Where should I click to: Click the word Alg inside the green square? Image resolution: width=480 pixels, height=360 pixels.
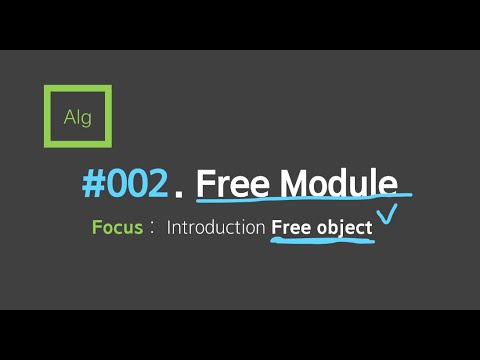coord(77,118)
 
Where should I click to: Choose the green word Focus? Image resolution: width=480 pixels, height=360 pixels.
coord(116,227)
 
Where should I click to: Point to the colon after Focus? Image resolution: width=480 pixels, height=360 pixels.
coord(152,228)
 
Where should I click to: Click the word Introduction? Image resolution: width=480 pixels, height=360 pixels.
coord(215,227)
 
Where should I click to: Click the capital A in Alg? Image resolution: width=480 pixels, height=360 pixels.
coord(68,118)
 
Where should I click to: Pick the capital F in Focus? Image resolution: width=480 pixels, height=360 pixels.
coord(96,227)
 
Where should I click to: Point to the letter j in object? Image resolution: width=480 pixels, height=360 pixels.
coord(340,229)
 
